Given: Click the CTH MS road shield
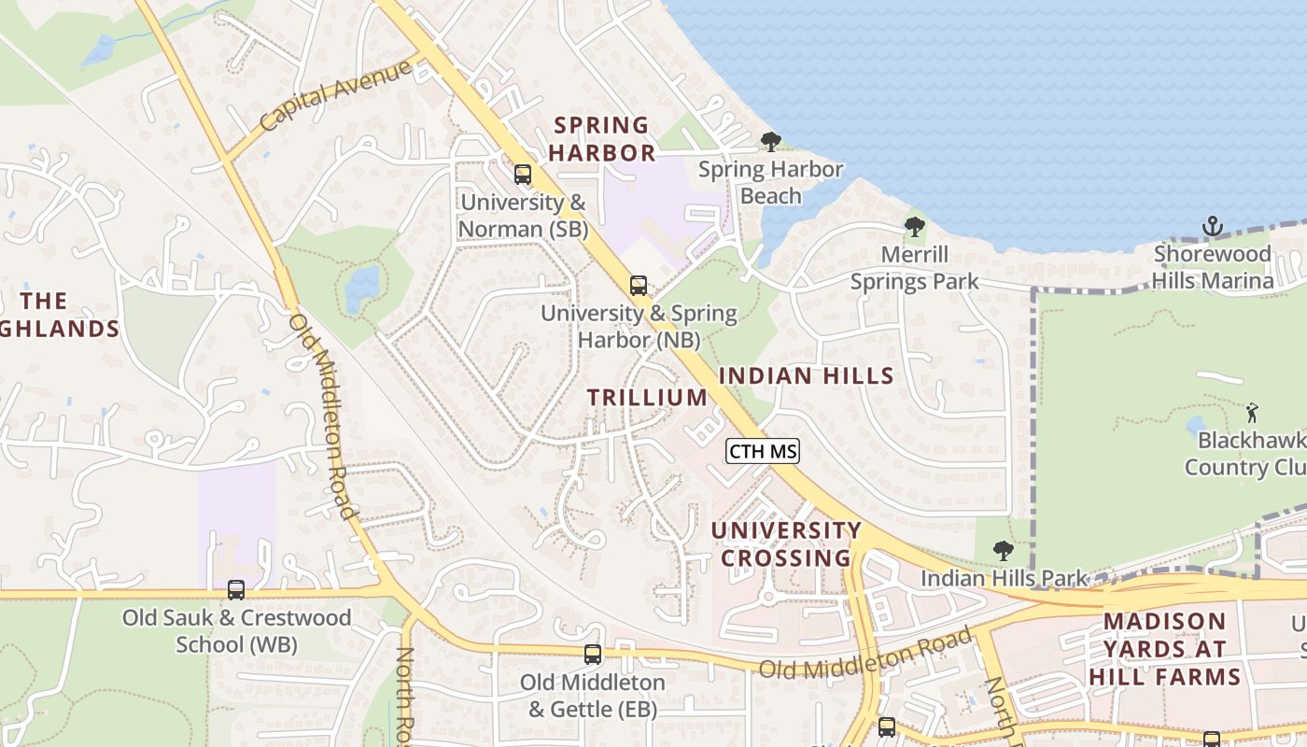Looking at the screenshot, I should (x=763, y=452).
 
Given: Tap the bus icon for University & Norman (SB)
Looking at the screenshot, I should (x=523, y=175).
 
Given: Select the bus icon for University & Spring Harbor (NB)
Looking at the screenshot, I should (x=639, y=286).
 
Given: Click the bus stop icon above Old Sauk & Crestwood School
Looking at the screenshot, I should (x=236, y=590).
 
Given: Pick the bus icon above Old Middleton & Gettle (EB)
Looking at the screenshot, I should (x=593, y=655).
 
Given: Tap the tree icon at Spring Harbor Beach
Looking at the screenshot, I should (x=770, y=142).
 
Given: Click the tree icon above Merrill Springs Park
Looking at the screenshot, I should (x=915, y=227).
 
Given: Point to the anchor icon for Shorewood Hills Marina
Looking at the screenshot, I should (x=1212, y=226).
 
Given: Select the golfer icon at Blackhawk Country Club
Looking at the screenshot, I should (x=1252, y=412).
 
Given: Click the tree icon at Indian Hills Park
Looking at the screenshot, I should (x=1004, y=551).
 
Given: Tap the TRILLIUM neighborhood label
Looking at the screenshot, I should (x=647, y=397).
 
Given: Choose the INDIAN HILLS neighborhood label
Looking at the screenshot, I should (x=807, y=376).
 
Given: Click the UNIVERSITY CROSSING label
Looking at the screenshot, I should (x=786, y=544).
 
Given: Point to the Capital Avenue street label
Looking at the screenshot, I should (x=336, y=95).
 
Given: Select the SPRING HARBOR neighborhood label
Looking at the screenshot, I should (x=603, y=138).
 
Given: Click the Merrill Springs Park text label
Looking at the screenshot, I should (x=914, y=267).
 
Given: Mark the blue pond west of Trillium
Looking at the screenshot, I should (x=363, y=289).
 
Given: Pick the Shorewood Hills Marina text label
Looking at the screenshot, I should (x=1213, y=267).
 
